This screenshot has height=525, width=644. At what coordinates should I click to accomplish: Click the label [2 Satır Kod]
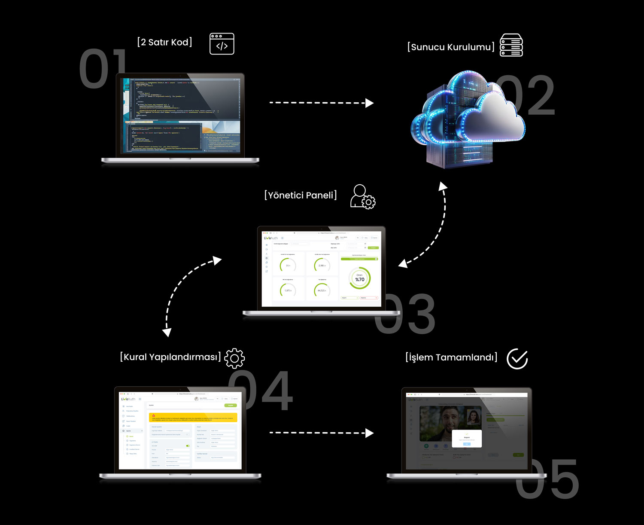click(165, 42)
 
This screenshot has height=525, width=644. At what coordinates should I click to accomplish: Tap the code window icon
click(222, 44)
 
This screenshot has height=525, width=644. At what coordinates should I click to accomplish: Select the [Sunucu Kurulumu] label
click(451, 47)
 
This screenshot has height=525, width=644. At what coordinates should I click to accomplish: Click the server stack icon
click(511, 45)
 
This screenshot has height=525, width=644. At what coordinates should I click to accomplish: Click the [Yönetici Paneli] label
click(301, 195)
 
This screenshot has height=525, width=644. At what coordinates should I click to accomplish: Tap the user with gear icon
click(362, 197)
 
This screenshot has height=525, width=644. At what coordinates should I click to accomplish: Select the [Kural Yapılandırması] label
click(170, 357)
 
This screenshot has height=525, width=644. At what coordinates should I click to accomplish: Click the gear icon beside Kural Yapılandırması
click(234, 358)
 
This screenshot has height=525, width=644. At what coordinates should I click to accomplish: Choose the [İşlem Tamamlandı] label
click(451, 357)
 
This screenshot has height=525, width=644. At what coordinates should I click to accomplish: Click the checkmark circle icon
click(517, 359)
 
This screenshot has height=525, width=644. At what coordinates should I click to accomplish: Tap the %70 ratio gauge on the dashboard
click(360, 278)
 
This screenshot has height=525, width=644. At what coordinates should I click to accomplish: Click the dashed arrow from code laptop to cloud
click(321, 103)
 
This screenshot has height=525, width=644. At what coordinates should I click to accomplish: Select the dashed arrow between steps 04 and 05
click(321, 433)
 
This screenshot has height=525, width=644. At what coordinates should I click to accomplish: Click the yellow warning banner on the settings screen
click(193, 417)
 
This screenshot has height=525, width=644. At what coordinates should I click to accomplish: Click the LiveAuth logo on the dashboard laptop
click(271, 238)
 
